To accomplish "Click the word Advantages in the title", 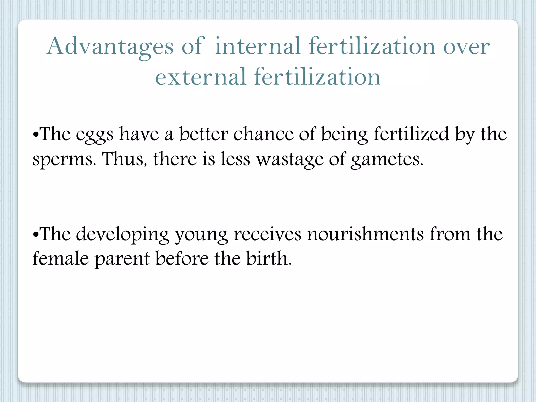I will [110, 47].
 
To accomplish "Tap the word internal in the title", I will [258, 47].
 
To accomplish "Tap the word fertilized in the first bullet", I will [411, 134].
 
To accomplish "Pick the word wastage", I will [290, 160].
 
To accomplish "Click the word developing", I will [123, 234].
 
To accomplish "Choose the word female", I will [61, 259].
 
